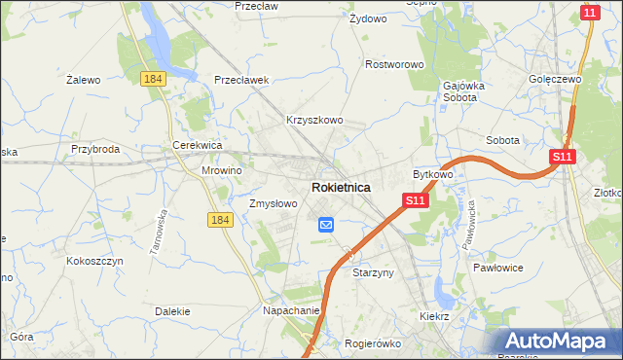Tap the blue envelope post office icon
pos(325,225)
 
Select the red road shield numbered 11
pos(588,13)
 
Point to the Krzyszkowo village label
pos(314,121)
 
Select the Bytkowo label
pos(433,174)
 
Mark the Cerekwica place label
pos(198,145)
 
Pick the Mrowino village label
pos(221,169)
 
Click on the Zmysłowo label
pos(273,204)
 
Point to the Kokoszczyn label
pos(92,261)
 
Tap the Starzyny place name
pos(373,273)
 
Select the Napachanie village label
pos(292,310)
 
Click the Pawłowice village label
pos(498,267)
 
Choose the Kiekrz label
pos(433,317)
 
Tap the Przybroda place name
pos(95,150)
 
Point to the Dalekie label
pos(172,311)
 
